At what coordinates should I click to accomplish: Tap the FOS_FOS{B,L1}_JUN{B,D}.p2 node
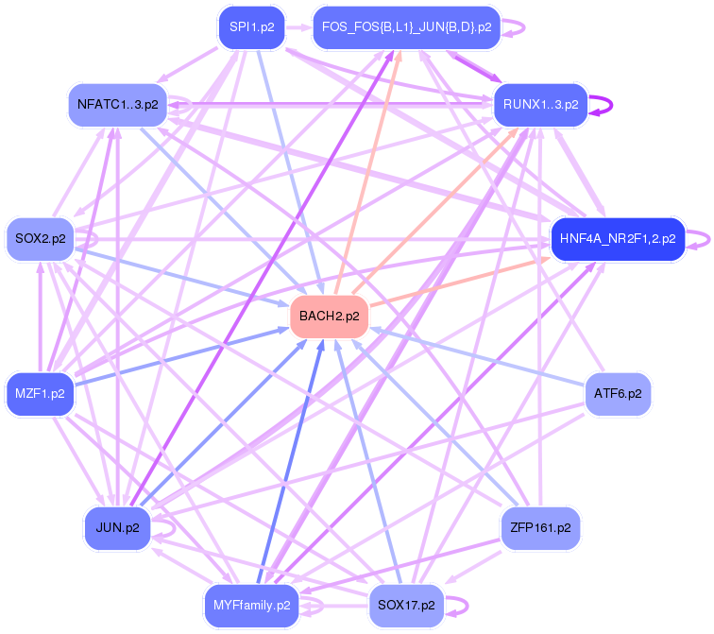pos(406,26)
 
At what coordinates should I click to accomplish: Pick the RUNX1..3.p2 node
pos(540,104)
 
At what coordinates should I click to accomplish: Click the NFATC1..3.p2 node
pos(118,104)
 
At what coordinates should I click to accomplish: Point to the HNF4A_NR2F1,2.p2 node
pos(617,239)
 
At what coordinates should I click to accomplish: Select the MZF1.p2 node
pos(41,392)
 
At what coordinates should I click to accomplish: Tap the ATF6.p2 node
pos(618,392)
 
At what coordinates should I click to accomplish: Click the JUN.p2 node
pos(117,526)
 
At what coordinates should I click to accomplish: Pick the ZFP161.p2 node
pos(540,526)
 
